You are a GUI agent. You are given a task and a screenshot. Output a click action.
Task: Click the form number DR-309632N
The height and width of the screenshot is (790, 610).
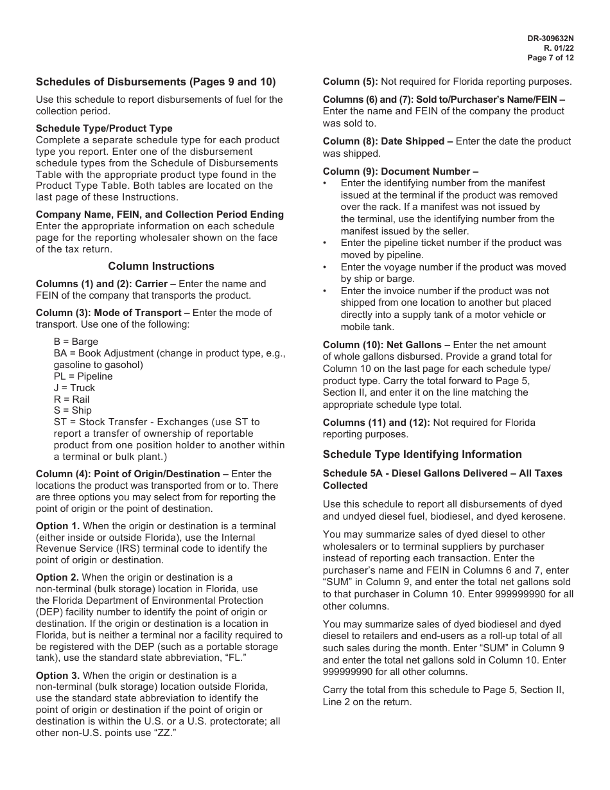click(550, 39)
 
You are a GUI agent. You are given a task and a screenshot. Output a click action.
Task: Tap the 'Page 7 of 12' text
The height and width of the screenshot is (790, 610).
click(550, 58)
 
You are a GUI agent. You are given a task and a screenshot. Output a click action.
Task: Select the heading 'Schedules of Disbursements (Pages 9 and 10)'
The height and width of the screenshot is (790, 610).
click(155, 82)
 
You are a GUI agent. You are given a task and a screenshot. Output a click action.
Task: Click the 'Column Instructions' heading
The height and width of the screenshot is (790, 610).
click(161, 266)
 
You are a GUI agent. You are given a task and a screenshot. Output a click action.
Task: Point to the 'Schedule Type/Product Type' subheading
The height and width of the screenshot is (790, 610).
click(104, 128)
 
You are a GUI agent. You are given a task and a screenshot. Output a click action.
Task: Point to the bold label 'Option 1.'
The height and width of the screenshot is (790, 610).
click(58, 526)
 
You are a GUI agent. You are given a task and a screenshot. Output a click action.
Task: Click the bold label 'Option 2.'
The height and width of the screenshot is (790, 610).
click(58, 577)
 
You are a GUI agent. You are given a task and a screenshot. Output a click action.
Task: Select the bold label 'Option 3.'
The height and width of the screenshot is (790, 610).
click(58, 676)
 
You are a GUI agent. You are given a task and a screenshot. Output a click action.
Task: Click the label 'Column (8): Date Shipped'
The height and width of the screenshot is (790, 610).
click(383, 141)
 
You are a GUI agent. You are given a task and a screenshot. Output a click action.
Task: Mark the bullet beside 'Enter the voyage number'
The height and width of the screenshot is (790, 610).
click(326, 267)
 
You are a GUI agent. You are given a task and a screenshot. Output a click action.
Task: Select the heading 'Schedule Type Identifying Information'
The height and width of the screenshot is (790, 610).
click(422, 454)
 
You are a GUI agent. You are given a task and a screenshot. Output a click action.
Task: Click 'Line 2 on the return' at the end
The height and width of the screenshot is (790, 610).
click(367, 702)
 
